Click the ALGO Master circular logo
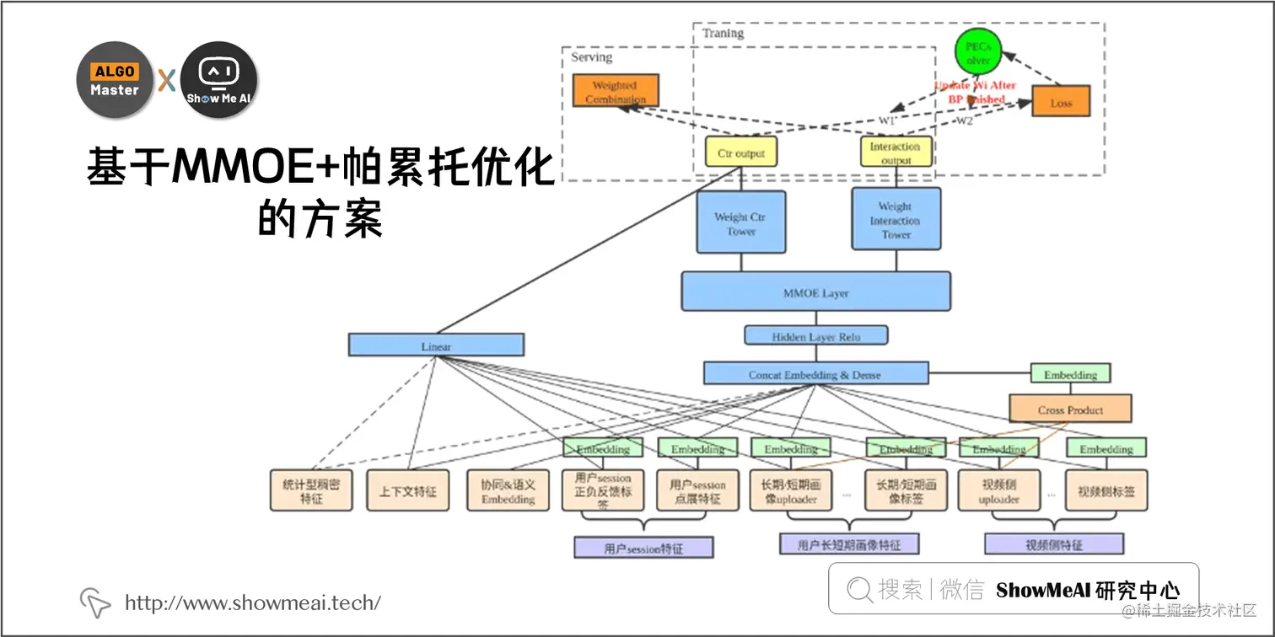[x=115, y=80]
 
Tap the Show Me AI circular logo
[x=218, y=80]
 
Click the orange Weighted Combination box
[x=615, y=91]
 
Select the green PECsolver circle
[x=977, y=53]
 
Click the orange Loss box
[x=1061, y=102]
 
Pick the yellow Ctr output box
[x=740, y=152]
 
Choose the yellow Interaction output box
[x=895, y=152]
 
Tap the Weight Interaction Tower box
[x=896, y=219]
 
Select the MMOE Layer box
[x=815, y=292]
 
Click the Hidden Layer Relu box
[x=815, y=336]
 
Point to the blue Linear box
[x=436, y=345]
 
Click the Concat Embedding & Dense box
[x=815, y=374]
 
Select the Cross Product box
[x=1070, y=409]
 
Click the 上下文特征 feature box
[x=407, y=490]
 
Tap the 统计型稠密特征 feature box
[x=311, y=490]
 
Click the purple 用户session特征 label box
[x=643, y=548]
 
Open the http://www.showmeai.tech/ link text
[x=253, y=602]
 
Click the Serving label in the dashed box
[x=591, y=57]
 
